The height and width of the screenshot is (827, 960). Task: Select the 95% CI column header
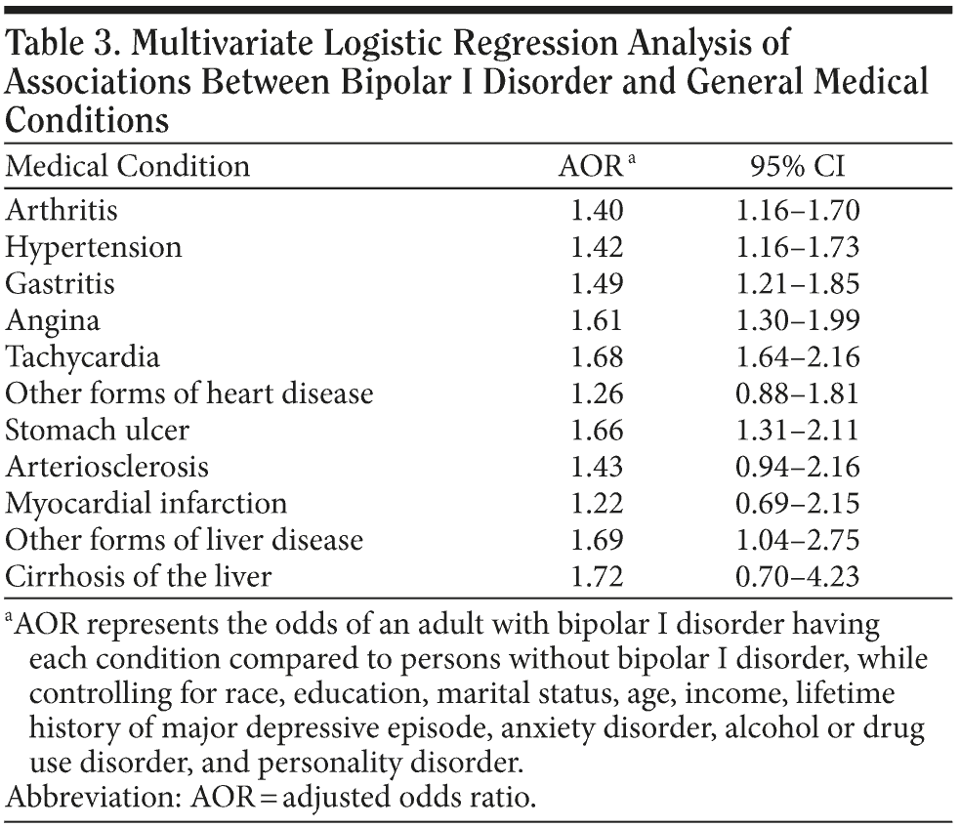(797, 167)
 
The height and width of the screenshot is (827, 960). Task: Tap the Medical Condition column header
(128, 167)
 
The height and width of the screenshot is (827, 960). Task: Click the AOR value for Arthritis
(598, 210)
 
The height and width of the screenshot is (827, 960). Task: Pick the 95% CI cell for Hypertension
(798, 247)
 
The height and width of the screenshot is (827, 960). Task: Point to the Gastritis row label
(61, 283)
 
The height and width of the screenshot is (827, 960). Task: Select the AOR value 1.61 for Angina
(598, 320)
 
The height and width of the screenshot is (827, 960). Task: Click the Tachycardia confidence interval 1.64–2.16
(798, 356)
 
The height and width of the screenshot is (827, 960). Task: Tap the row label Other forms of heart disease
(189, 393)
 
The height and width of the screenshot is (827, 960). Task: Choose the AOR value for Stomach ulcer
(598, 430)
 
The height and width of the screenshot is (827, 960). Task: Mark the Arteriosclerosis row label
(107, 467)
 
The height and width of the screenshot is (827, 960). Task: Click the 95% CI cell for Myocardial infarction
(798, 503)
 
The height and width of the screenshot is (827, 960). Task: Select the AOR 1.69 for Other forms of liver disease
(598, 540)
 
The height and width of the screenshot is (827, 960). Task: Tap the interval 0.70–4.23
(798, 576)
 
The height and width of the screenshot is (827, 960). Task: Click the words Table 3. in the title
(62, 46)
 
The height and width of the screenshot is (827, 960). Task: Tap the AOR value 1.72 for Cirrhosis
(598, 576)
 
